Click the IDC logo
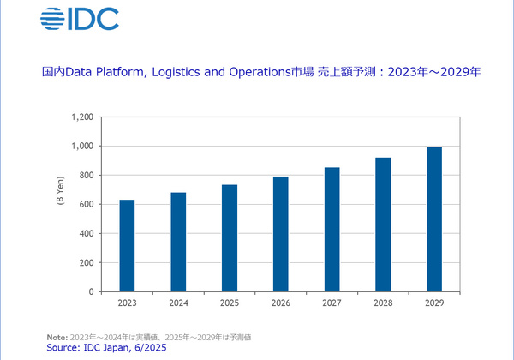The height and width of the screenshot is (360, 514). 80,18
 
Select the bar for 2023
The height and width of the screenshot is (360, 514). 127,246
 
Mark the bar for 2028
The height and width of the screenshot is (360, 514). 382,225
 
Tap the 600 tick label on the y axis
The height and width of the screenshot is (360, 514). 84,205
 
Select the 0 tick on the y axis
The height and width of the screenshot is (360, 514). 90,291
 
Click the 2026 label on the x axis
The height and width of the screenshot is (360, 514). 280,303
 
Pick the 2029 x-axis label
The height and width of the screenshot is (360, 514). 433,303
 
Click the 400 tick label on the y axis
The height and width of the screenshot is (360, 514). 84,234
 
